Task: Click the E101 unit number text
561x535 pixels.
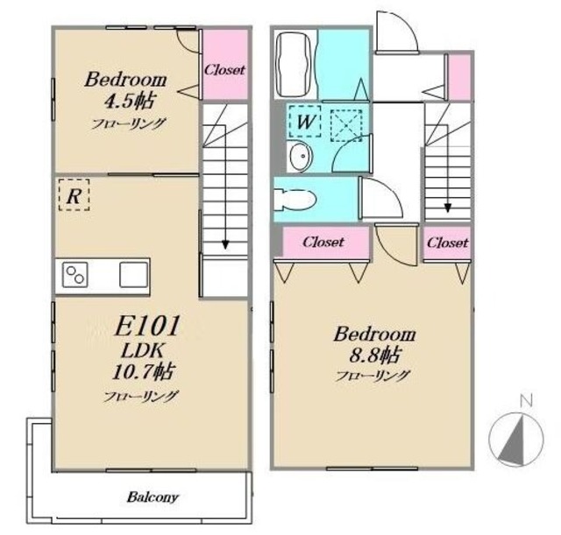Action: pos(146,326)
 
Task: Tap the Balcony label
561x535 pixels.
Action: pos(153,497)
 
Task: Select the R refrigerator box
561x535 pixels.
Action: pos(74,195)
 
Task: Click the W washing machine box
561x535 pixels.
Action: pos(305,122)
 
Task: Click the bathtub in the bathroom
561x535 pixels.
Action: pos(295,65)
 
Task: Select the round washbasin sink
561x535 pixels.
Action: pos(301,156)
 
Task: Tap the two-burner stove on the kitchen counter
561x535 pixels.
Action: pos(75,274)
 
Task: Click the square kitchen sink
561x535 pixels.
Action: pos(133,274)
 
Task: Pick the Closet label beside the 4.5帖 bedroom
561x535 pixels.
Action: pos(224,69)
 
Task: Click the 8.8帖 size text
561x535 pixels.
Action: pos(374,355)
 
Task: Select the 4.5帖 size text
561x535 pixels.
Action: pos(129,102)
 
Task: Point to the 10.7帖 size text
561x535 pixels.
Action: pos(144,371)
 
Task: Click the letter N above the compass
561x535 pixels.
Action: pos(526,400)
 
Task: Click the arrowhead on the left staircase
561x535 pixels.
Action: pos(225,244)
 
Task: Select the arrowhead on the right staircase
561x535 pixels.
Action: pos(448,208)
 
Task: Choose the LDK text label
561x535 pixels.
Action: pos(143,350)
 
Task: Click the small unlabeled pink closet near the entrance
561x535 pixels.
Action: pos(459,77)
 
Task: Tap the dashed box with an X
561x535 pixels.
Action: pos(346,125)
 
